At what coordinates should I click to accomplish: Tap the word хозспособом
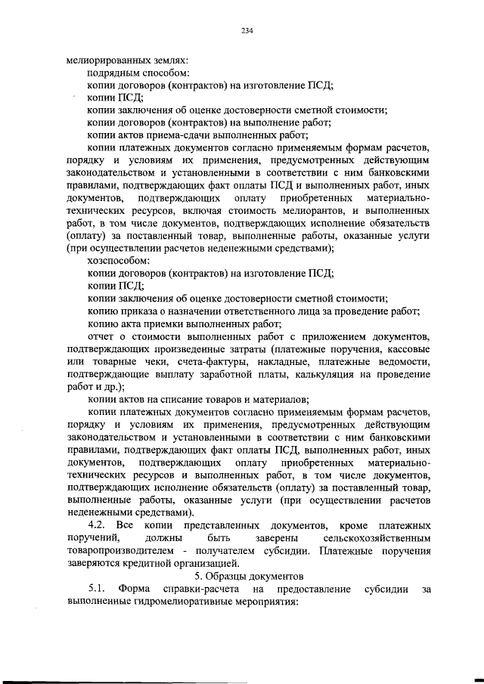click(x=115, y=260)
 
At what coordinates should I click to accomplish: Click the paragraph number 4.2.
click(x=96, y=525)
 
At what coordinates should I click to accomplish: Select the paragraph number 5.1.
click(x=96, y=588)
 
